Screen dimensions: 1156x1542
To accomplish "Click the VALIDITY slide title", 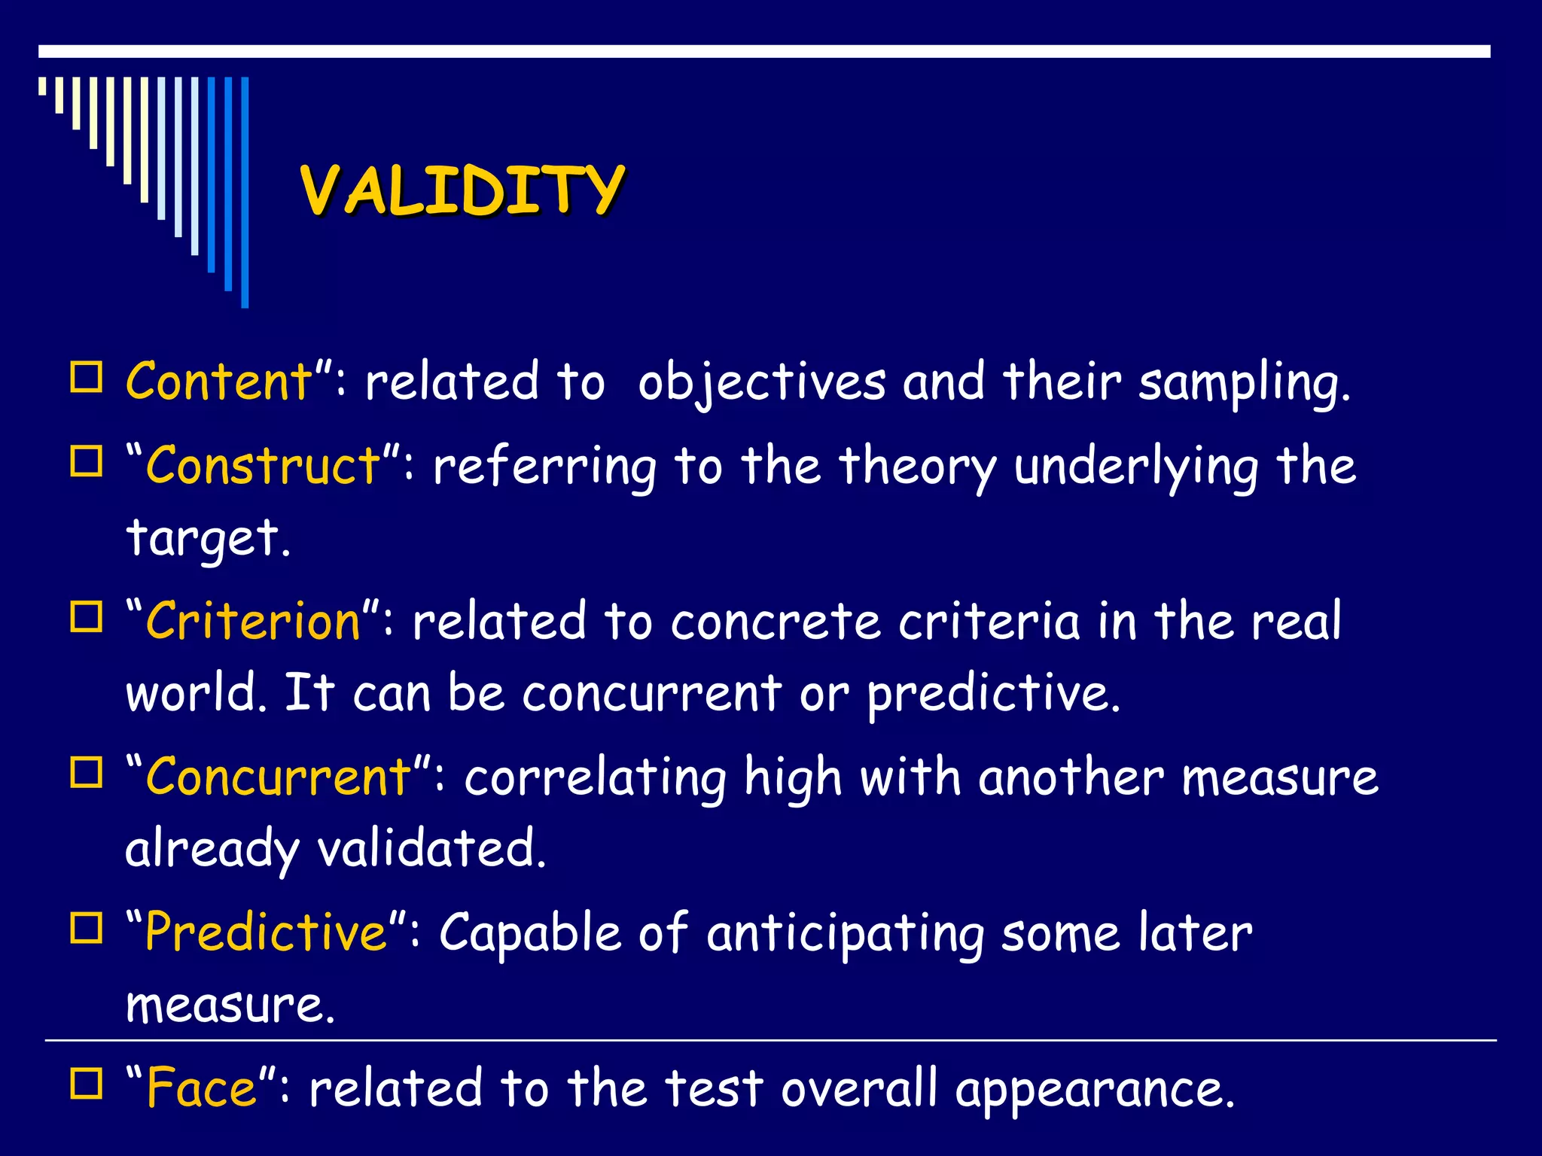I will [462, 190].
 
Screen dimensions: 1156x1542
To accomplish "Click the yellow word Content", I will [219, 382].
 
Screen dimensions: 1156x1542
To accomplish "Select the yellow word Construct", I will [263, 466].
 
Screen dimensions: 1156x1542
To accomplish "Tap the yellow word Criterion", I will [253, 622].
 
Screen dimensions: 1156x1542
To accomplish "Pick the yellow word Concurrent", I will [279, 777].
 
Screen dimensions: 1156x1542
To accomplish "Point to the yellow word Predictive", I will [266, 932].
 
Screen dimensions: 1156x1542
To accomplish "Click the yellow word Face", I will [202, 1088].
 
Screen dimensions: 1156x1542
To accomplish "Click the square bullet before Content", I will [87, 377].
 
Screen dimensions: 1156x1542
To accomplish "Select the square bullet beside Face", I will [87, 1084].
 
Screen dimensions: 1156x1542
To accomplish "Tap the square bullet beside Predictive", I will [87, 928].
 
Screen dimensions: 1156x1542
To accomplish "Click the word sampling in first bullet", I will [1242, 383].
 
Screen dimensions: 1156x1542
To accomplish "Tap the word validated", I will [429, 849].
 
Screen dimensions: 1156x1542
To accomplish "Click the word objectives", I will [761, 383].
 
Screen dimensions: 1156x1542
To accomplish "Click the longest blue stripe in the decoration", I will [245, 192].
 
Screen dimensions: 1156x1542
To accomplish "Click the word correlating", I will [595, 778].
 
